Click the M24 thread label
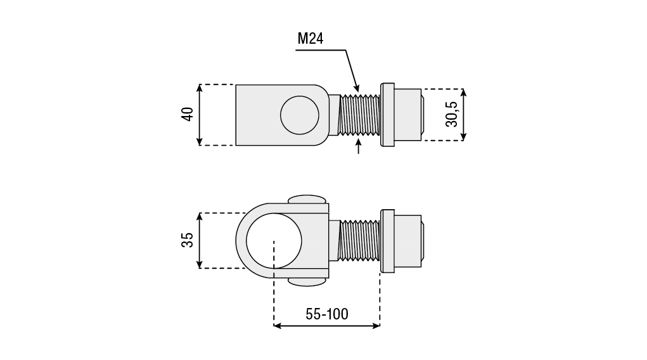(311, 39)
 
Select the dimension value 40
(188, 114)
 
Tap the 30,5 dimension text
(452, 114)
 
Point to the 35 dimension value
(188, 240)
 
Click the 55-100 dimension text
(327, 314)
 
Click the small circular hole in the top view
(300, 115)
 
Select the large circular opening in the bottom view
(274, 241)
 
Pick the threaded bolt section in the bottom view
(359, 241)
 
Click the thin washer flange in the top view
(387, 115)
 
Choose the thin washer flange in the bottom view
(387, 241)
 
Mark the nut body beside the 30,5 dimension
(407, 115)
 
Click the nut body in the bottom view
(407, 241)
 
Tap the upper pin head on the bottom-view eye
(307, 199)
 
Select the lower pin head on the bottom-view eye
(307, 282)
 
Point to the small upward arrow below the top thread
(358, 146)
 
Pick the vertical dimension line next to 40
(200, 115)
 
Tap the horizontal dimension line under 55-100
(327, 326)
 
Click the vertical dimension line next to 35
(200, 241)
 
